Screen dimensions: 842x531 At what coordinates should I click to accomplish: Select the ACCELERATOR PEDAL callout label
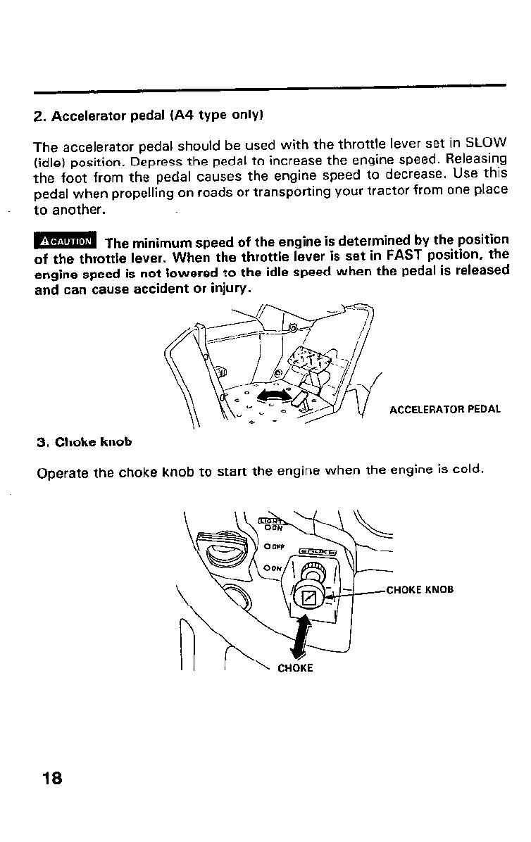(x=445, y=409)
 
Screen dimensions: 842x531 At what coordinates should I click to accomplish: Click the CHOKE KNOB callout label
(x=420, y=590)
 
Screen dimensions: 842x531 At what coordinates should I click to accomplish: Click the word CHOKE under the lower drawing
(x=295, y=669)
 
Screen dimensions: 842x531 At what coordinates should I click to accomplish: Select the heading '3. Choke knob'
(x=84, y=443)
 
